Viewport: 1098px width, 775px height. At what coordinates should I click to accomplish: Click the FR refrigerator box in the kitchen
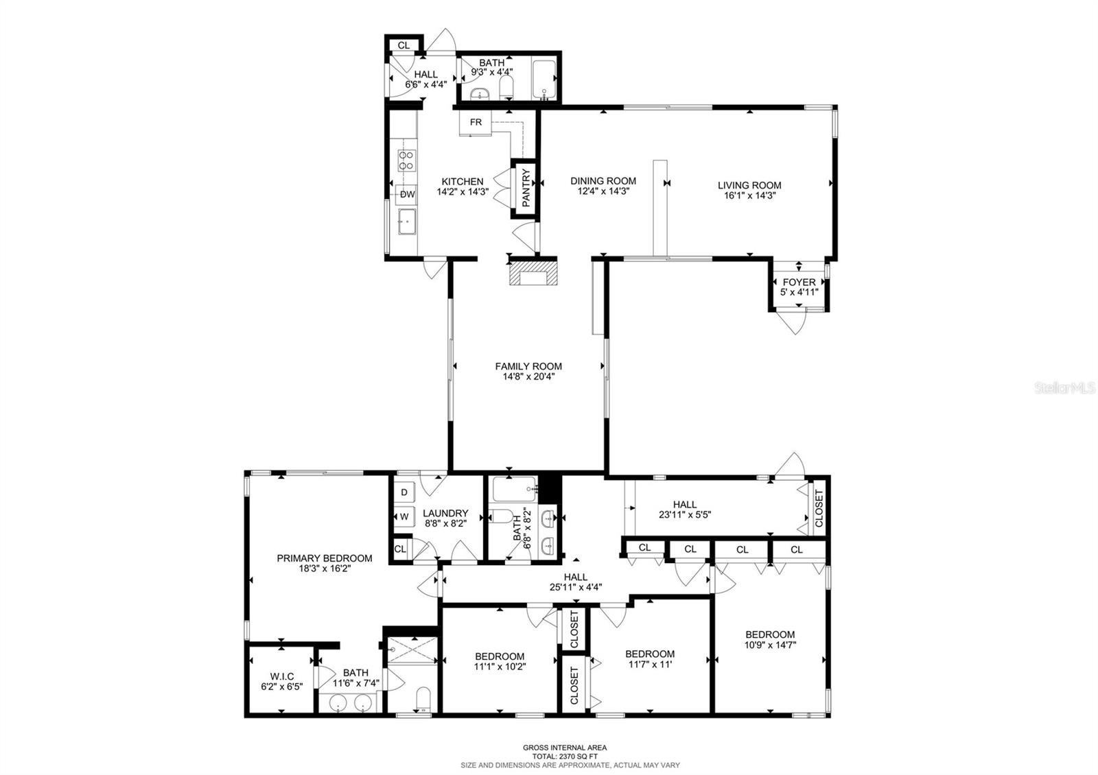(x=476, y=123)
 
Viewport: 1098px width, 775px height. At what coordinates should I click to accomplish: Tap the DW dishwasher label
(x=408, y=194)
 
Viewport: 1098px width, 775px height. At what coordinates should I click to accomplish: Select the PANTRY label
(x=526, y=188)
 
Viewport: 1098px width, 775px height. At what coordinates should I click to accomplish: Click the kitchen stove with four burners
(x=406, y=160)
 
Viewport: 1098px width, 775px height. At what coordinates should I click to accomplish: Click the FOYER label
(x=799, y=282)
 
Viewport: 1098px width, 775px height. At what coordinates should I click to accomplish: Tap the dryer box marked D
(x=404, y=492)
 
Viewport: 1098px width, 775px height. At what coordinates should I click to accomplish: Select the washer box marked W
(x=404, y=516)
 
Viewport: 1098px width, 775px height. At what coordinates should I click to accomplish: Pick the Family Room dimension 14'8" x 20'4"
(x=528, y=376)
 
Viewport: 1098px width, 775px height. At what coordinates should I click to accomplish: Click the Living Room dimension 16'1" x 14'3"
(x=749, y=195)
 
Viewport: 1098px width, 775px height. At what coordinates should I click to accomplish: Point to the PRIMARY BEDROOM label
(x=324, y=558)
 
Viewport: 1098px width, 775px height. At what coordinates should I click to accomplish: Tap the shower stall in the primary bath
(x=412, y=649)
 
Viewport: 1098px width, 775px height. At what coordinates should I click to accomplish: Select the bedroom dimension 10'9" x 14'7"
(x=770, y=645)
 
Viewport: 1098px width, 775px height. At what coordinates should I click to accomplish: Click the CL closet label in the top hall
(x=404, y=45)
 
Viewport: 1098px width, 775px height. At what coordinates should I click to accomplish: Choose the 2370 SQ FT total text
(x=565, y=756)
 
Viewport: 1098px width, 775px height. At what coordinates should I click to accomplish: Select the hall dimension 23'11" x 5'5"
(x=684, y=514)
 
